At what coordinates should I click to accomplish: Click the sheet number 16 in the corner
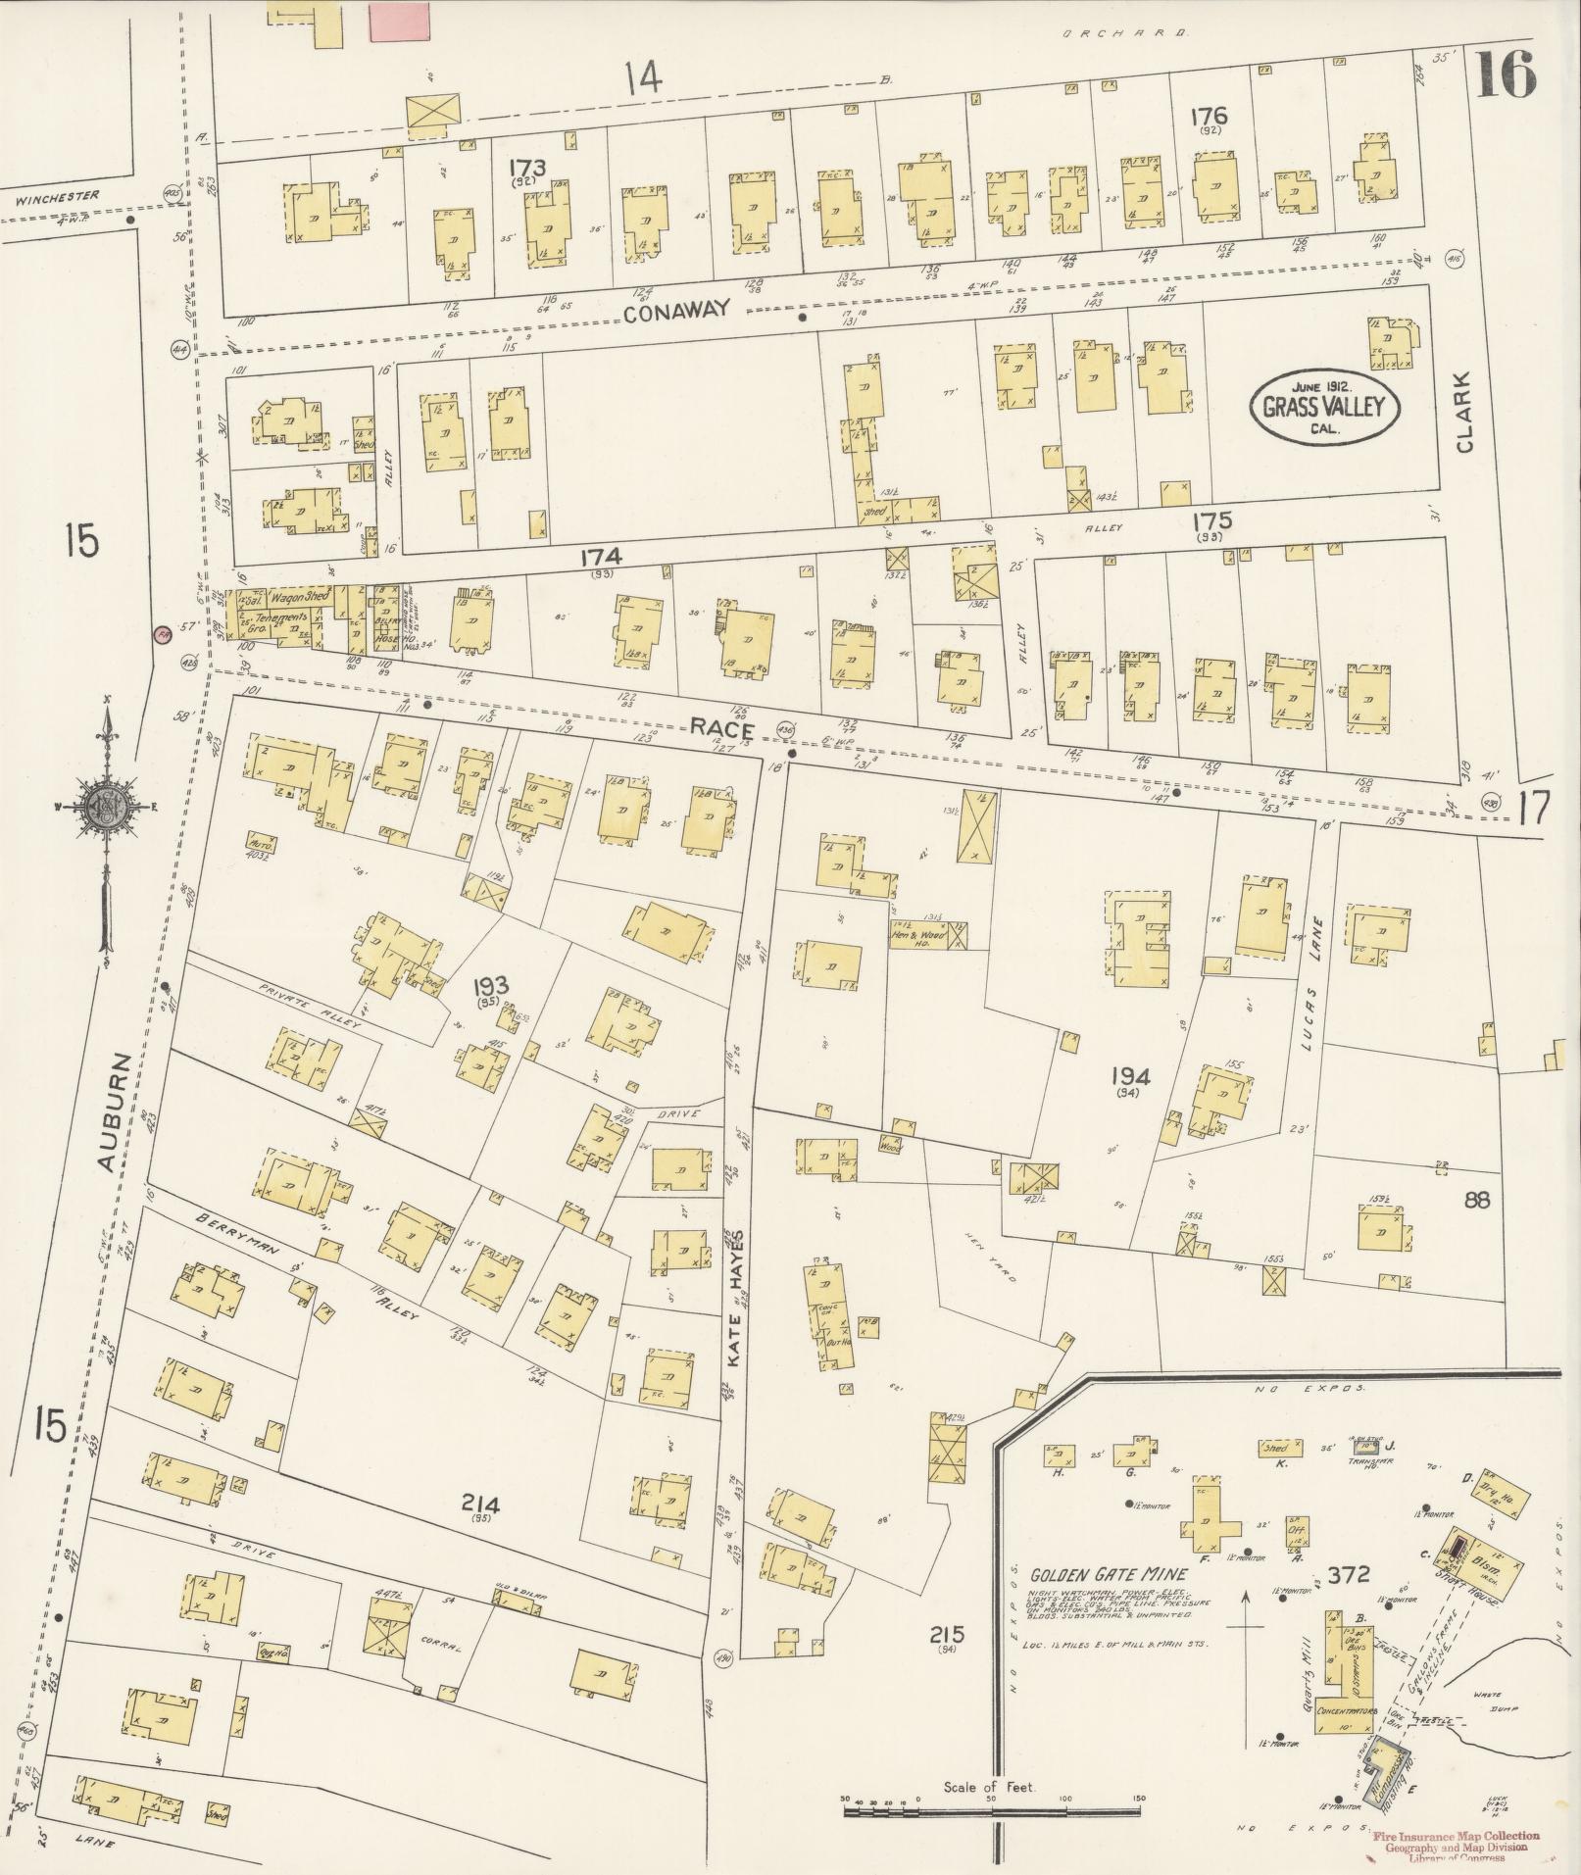tap(1505, 74)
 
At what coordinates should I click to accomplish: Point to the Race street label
tap(720, 728)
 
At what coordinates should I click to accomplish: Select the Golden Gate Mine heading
tap(1108, 1575)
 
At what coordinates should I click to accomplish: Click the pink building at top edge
tap(400, 20)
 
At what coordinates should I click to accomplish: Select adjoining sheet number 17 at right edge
tap(1536, 809)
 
